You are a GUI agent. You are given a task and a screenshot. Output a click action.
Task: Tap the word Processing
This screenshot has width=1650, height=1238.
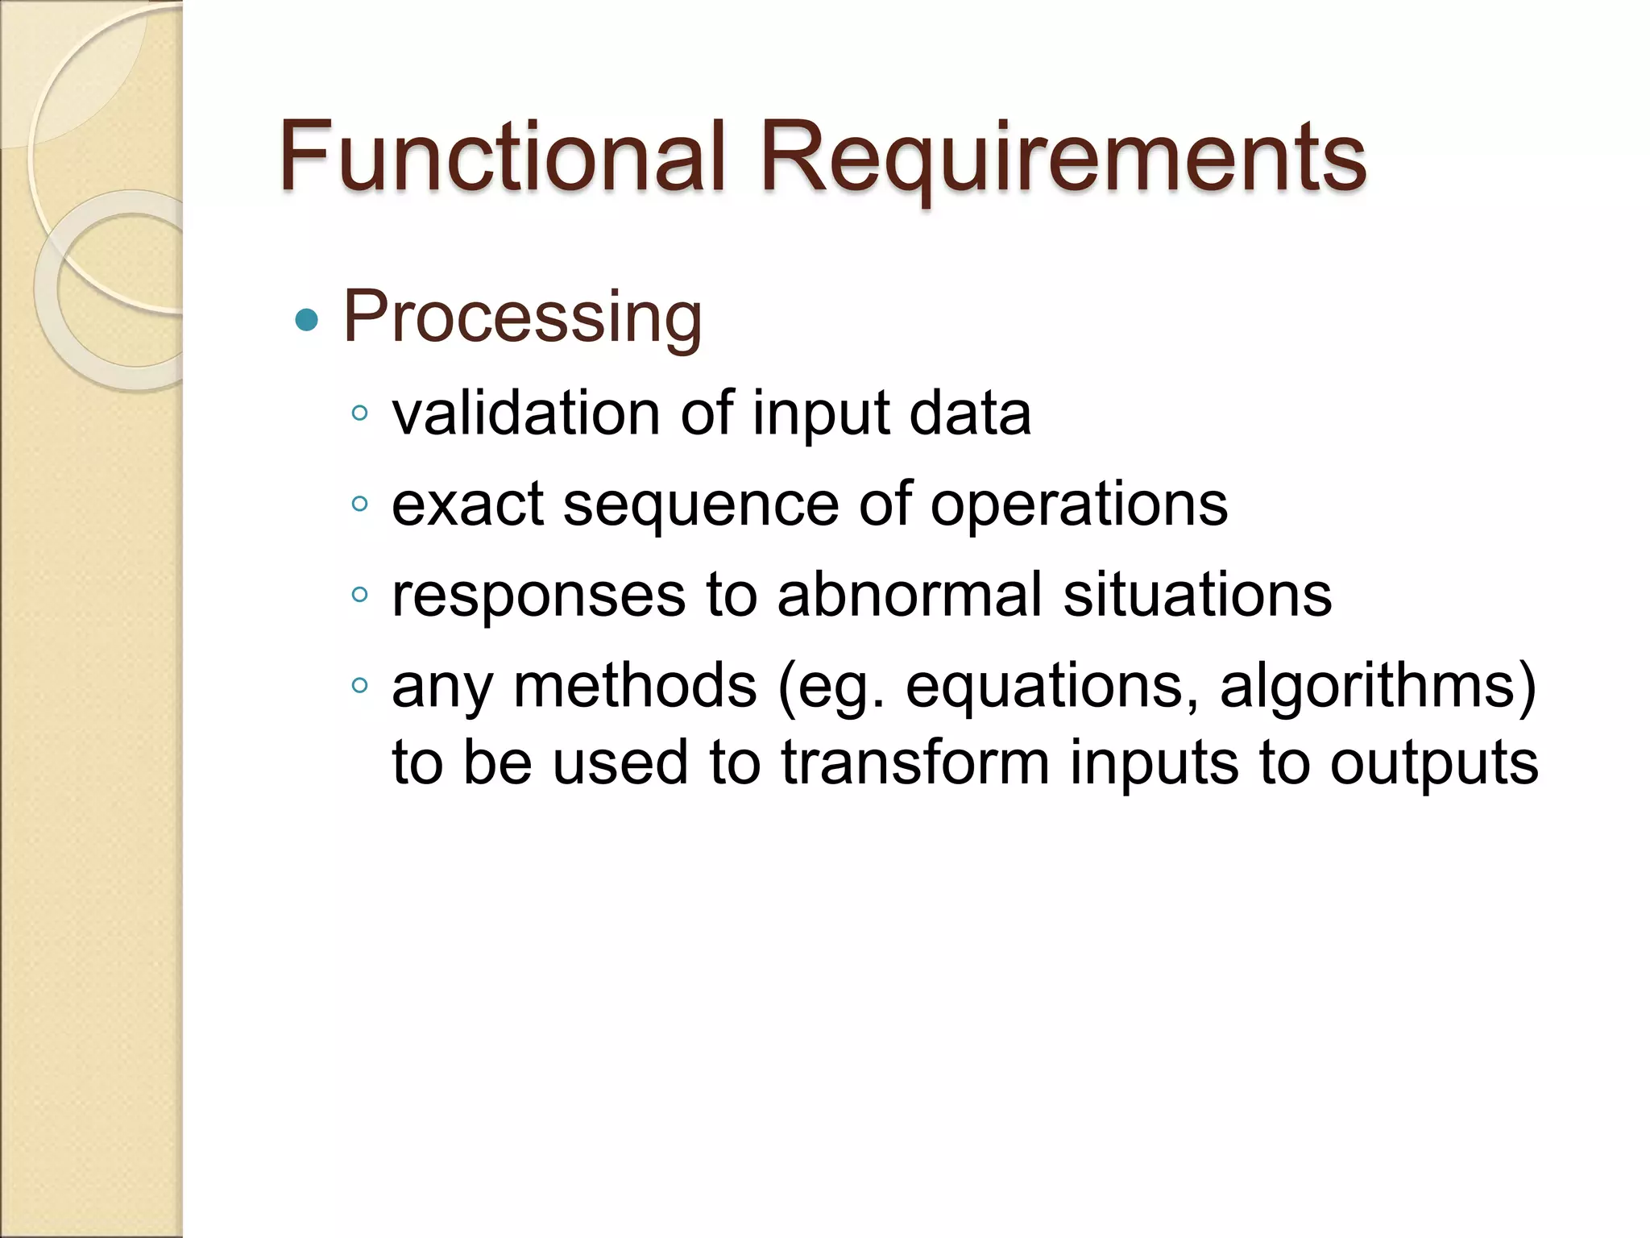coord(522,318)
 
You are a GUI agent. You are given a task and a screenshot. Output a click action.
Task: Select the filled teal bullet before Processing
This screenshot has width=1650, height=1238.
coord(307,321)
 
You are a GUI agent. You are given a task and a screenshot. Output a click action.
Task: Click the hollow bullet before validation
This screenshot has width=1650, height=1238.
coord(359,413)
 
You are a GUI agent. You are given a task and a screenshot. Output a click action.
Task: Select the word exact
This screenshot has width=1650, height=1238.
coord(468,505)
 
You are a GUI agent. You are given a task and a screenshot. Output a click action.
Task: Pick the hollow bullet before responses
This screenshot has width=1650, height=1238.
coord(359,596)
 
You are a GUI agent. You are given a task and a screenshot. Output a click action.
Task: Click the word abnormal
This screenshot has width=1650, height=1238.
coord(910,595)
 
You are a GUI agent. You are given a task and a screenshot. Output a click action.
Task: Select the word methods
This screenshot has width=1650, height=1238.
coord(635,686)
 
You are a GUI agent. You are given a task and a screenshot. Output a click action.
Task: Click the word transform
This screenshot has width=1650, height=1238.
coord(915,762)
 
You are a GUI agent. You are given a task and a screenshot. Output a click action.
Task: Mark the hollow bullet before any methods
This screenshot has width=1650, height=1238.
coord(359,686)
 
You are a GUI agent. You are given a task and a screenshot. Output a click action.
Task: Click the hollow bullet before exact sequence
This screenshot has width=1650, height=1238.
coord(359,505)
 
